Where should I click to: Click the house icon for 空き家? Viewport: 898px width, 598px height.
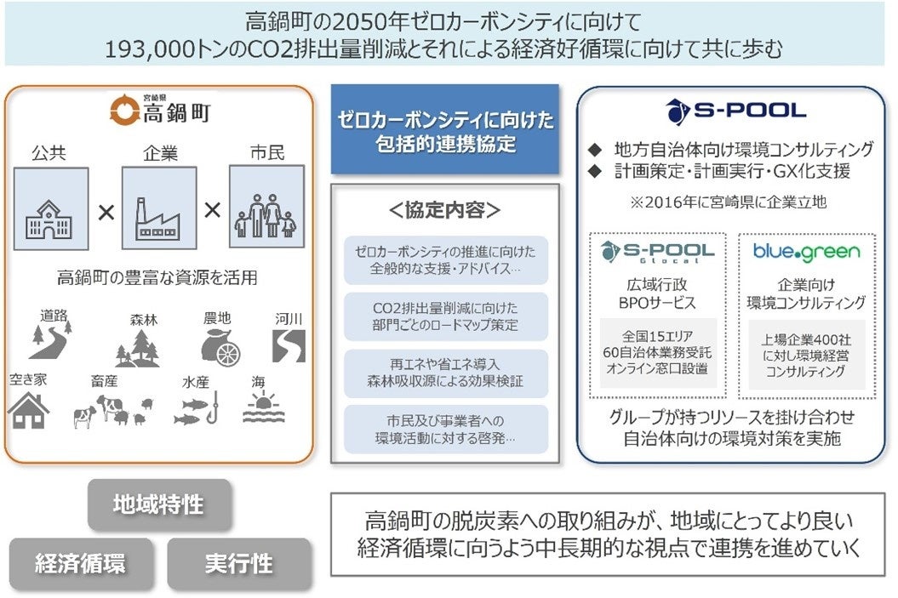point(29,409)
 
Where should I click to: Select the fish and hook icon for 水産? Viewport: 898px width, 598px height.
point(197,410)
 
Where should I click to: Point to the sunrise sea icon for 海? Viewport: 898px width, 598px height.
point(262,408)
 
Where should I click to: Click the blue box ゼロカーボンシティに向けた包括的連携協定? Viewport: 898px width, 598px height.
point(444,129)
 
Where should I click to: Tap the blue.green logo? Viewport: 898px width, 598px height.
point(806,252)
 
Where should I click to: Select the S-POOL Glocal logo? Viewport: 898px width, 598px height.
point(657,252)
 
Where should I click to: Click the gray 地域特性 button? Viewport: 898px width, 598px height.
point(159,504)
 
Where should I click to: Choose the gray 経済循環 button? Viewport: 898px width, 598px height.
point(80,563)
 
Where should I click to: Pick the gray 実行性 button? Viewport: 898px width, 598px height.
point(239,563)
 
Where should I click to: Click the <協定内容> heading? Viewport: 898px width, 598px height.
point(444,211)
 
